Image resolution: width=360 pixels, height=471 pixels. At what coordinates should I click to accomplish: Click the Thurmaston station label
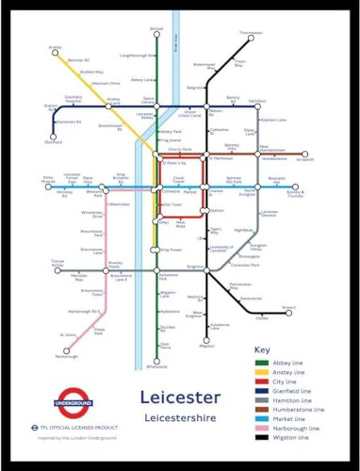[x=251, y=33]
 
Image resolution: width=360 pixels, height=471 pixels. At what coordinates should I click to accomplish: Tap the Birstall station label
[x=156, y=30]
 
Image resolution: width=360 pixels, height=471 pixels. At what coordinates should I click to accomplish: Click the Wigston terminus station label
[x=207, y=346]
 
